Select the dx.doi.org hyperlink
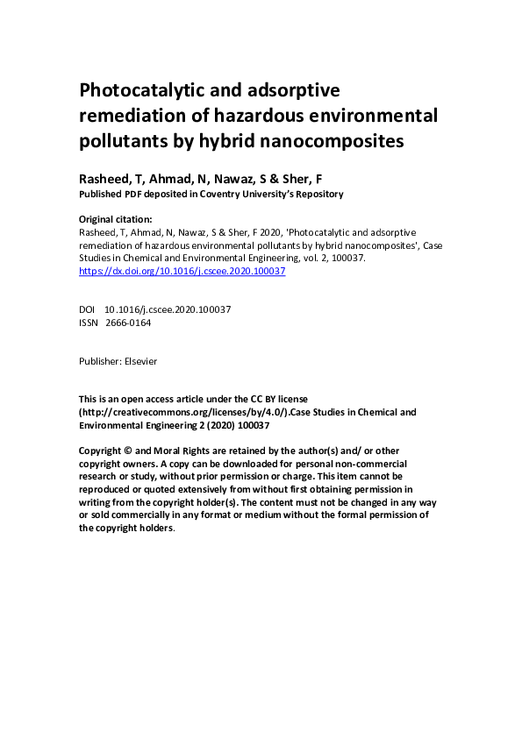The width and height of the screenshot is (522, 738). pos(182,272)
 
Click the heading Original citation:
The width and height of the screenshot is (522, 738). pos(116,219)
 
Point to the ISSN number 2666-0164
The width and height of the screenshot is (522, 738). pos(128,323)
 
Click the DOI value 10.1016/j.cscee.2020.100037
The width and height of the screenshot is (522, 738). pos(168,309)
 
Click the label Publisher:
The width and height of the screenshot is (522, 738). pos(100,360)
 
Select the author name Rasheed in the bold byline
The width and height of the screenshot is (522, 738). pos(104,178)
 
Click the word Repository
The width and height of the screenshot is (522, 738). pos(316,194)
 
